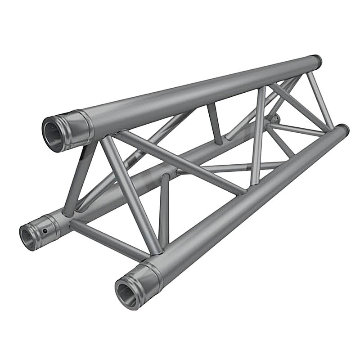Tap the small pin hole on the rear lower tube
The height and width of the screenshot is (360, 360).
point(45,231)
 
